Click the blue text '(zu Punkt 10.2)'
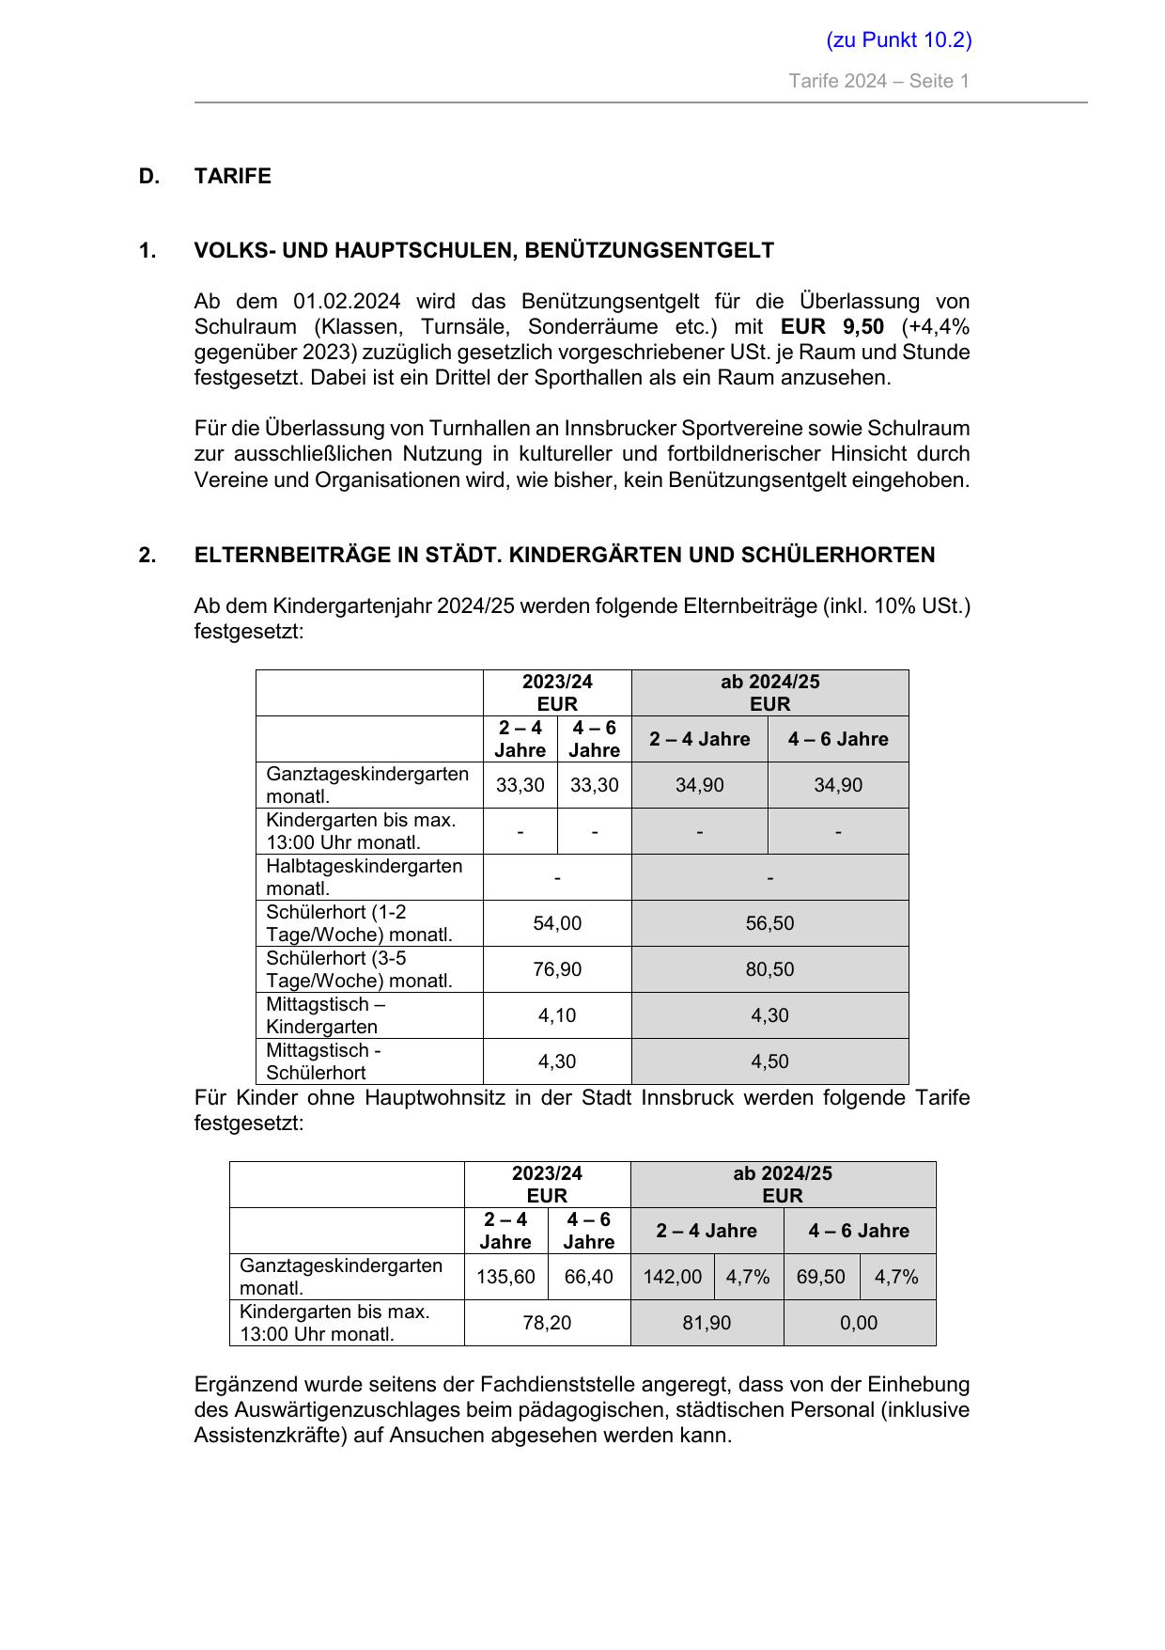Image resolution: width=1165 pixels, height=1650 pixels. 898,39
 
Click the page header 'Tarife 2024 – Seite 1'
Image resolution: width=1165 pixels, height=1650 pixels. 878,81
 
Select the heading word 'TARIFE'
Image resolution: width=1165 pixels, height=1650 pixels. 232,177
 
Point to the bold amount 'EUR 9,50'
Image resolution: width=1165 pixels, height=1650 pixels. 831,327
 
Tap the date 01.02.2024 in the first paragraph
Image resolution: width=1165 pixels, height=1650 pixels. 347,302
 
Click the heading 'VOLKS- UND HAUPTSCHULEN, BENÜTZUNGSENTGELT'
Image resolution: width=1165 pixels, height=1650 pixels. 484,251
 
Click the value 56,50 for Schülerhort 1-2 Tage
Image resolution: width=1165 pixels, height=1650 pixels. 769,923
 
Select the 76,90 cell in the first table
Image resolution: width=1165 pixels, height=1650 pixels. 557,969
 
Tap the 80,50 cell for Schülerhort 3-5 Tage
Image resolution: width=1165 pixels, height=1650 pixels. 769,969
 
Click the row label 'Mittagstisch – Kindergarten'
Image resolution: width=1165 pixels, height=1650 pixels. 325,1015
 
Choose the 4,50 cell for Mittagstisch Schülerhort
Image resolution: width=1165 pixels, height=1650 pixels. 769,1061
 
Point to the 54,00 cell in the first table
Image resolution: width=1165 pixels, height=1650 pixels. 557,923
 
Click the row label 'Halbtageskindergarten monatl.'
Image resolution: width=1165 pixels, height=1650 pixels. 364,877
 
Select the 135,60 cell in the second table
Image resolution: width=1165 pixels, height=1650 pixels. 505,1277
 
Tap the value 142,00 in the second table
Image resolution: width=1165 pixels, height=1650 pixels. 672,1277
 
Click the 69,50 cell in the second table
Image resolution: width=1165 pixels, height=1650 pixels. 820,1277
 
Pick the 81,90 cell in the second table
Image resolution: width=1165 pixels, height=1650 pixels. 707,1323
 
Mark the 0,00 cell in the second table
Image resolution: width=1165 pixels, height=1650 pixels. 859,1323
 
